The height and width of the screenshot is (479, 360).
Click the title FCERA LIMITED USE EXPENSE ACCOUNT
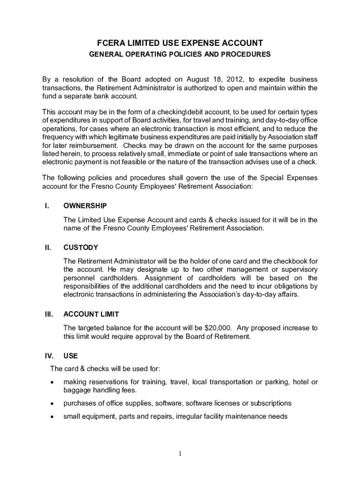180,42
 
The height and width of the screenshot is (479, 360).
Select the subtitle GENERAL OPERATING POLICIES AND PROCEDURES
180,54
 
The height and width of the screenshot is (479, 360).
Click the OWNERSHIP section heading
85,206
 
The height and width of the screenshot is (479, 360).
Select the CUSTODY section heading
81,247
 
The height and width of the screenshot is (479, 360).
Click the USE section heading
71,356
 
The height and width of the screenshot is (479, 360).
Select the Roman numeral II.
46,247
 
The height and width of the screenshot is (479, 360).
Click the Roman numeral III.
47,314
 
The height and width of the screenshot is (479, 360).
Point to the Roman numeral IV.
47,356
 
